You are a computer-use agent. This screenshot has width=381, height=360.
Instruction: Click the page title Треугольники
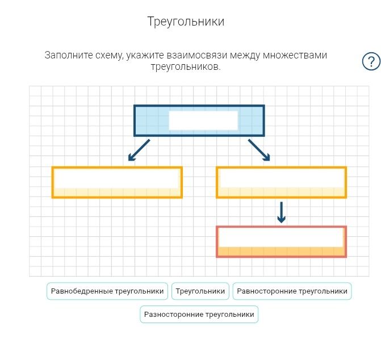click(x=186, y=22)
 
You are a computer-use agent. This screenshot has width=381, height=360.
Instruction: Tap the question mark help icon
click(x=371, y=61)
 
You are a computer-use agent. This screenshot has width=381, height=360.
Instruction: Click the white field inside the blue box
click(x=203, y=120)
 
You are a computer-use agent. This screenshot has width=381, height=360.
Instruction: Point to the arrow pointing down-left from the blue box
click(x=139, y=150)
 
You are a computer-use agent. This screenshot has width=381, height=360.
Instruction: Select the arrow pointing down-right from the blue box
click(x=259, y=150)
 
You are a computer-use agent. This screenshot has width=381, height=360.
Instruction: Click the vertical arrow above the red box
click(x=282, y=212)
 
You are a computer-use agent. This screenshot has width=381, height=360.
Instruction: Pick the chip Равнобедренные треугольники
click(x=107, y=291)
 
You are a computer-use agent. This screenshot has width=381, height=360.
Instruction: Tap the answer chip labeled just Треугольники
click(x=200, y=291)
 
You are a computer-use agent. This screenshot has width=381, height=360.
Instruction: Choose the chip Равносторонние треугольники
click(x=292, y=291)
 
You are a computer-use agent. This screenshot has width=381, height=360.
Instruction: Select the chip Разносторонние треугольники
click(x=199, y=315)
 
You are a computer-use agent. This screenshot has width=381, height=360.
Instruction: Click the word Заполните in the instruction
click(x=69, y=55)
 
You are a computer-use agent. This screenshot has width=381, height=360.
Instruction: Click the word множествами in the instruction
click(x=295, y=56)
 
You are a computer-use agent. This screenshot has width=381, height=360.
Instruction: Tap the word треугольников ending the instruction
click(x=186, y=66)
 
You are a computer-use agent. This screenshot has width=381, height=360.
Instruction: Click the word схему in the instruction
click(x=110, y=56)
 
